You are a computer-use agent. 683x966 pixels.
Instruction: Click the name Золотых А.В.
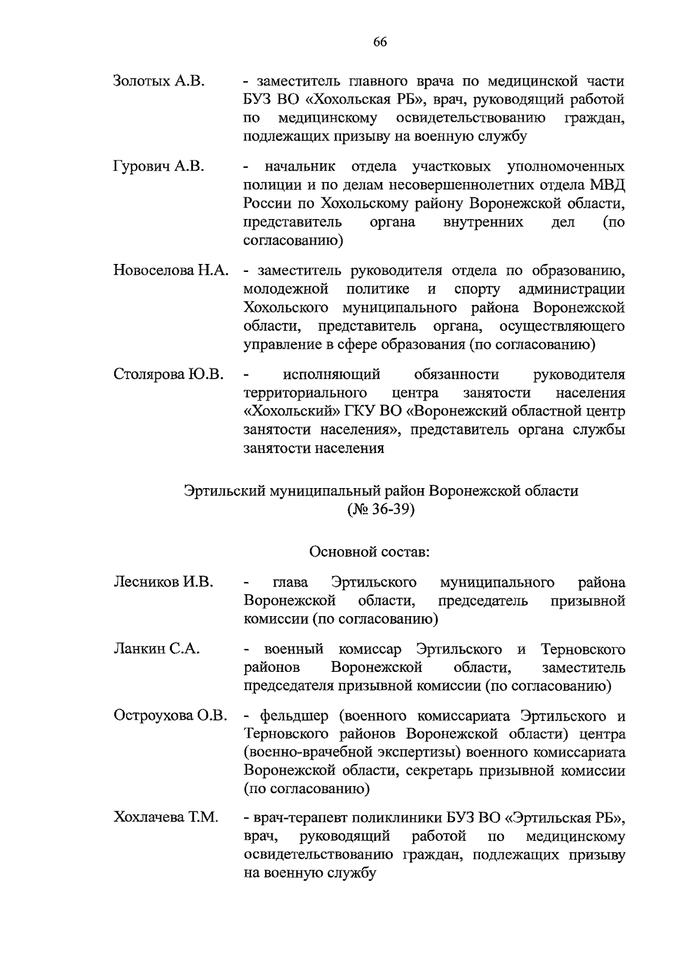159,81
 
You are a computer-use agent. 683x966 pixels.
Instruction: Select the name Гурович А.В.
159,167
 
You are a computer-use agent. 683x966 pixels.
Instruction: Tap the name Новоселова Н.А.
171,271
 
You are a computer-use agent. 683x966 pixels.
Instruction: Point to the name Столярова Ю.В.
168,375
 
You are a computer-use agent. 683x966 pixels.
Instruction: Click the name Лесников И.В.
163,583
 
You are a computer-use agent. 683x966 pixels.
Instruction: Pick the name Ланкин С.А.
157,649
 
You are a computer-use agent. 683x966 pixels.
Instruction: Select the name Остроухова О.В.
171,716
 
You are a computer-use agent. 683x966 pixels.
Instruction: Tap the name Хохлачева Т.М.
166,818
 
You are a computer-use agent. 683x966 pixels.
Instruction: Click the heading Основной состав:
369,552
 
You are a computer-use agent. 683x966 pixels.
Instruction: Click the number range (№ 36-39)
381,509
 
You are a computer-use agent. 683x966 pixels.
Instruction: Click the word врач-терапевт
295,818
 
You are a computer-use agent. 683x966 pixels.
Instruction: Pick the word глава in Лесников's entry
290,583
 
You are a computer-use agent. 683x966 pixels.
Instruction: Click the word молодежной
286,289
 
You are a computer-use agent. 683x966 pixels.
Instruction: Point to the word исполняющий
331,375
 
